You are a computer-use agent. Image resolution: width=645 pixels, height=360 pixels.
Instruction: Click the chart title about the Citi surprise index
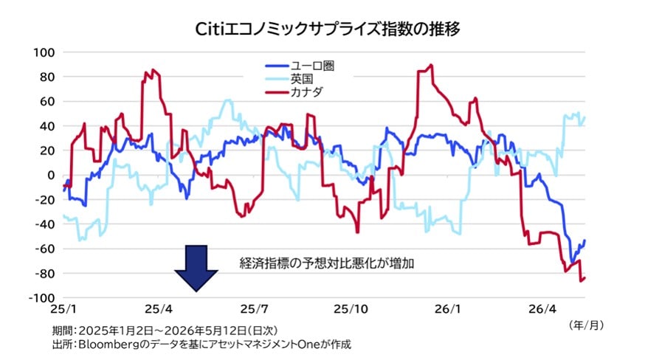click(327, 29)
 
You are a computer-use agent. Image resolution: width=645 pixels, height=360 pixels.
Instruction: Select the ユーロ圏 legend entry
click(300, 66)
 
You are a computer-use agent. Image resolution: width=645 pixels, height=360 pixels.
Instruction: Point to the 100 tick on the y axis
click(44, 52)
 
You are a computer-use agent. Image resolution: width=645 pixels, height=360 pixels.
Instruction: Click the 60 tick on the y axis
click(47, 102)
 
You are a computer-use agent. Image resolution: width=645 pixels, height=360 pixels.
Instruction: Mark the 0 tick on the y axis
click(51, 176)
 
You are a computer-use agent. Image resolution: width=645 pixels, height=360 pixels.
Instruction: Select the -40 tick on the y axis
click(44, 225)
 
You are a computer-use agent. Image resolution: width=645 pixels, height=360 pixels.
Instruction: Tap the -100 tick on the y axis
click(41, 298)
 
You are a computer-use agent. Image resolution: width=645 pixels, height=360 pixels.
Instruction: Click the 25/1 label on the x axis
click(63, 309)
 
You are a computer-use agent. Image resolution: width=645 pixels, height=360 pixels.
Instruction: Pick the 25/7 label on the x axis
click(254, 309)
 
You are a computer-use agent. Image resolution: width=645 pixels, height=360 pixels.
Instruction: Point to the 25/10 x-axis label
click(351, 309)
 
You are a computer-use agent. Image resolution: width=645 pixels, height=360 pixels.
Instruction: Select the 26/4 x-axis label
click(542, 309)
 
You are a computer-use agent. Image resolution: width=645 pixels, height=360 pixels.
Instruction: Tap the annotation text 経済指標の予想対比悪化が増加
click(327, 263)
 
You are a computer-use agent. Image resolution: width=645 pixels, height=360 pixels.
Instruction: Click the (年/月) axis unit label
click(587, 325)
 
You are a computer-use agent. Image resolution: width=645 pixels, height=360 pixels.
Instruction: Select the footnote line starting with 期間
click(165, 330)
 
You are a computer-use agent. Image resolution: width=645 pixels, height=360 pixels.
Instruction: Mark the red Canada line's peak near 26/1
click(431, 65)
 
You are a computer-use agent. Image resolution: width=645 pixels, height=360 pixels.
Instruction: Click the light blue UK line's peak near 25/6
click(228, 100)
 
